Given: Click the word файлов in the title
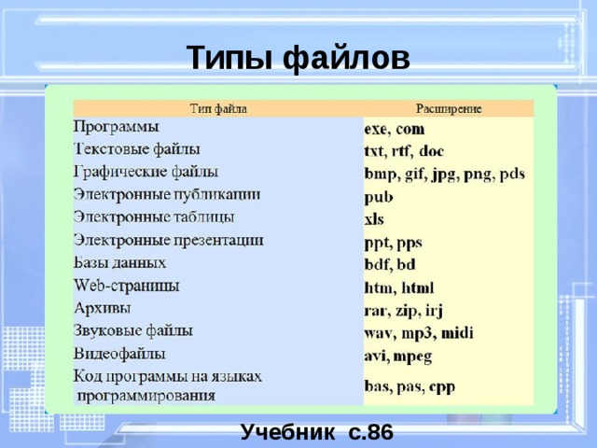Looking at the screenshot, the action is pyautogui.click(x=346, y=58).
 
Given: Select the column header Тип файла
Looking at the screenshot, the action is pyautogui.click(x=218, y=109).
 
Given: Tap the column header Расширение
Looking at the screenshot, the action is pyautogui.click(x=449, y=109).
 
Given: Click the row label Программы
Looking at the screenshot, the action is pyautogui.click(x=116, y=127).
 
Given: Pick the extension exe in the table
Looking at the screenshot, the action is pyautogui.click(x=375, y=130).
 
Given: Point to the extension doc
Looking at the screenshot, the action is pyautogui.click(x=431, y=151).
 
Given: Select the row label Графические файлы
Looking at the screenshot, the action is pyautogui.click(x=146, y=172).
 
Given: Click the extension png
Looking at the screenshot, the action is pyautogui.click(x=478, y=175).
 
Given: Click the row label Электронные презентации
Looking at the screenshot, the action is pyautogui.click(x=168, y=241).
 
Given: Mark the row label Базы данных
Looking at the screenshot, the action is pyautogui.click(x=119, y=263).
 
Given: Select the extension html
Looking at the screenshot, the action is pyautogui.click(x=418, y=287).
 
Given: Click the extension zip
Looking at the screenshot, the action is pyautogui.click(x=407, y=311).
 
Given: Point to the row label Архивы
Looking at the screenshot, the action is pyautogui.click(x=102, y=308).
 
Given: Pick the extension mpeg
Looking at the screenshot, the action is pyautogui.click(x=412, y=357).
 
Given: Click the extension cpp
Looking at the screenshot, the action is pyautogui.click(x=442, y=387).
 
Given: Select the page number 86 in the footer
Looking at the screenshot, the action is pyautogui.click(x=381, y=432).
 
